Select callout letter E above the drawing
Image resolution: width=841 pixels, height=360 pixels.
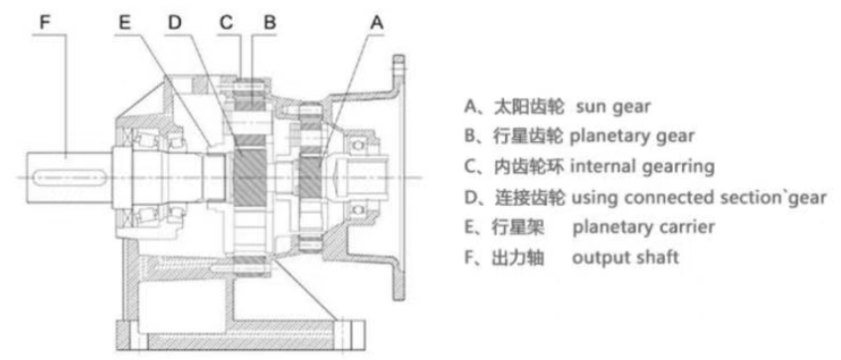pos(125,22)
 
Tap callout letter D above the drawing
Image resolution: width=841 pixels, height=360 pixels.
pos(175,22)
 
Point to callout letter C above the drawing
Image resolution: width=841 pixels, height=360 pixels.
pos(227,22)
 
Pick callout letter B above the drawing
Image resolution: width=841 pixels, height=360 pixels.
pos(269,22)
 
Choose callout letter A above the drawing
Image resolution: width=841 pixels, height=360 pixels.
pos(378,22)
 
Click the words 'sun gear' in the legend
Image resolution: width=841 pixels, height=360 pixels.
pos(613,106)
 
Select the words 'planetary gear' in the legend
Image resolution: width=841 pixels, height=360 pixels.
pos(632,137)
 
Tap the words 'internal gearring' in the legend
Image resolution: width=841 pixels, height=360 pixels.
pos(642,167)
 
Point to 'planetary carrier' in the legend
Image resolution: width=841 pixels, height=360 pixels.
pos(643,227)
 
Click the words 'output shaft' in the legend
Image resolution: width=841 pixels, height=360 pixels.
pos(625,257)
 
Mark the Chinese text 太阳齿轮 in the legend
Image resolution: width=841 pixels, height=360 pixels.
pos(528,106)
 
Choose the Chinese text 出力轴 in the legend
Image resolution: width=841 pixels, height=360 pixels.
pos(518,257)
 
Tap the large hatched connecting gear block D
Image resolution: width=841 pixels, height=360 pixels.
pos(251,172)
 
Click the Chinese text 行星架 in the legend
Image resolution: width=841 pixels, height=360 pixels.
pos(518,227)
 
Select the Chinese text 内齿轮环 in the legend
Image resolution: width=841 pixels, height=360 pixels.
pos(528,167)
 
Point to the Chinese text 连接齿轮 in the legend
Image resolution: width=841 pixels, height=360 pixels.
pos(528,197)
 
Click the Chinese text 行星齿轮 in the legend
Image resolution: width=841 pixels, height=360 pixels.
pos(528,137)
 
